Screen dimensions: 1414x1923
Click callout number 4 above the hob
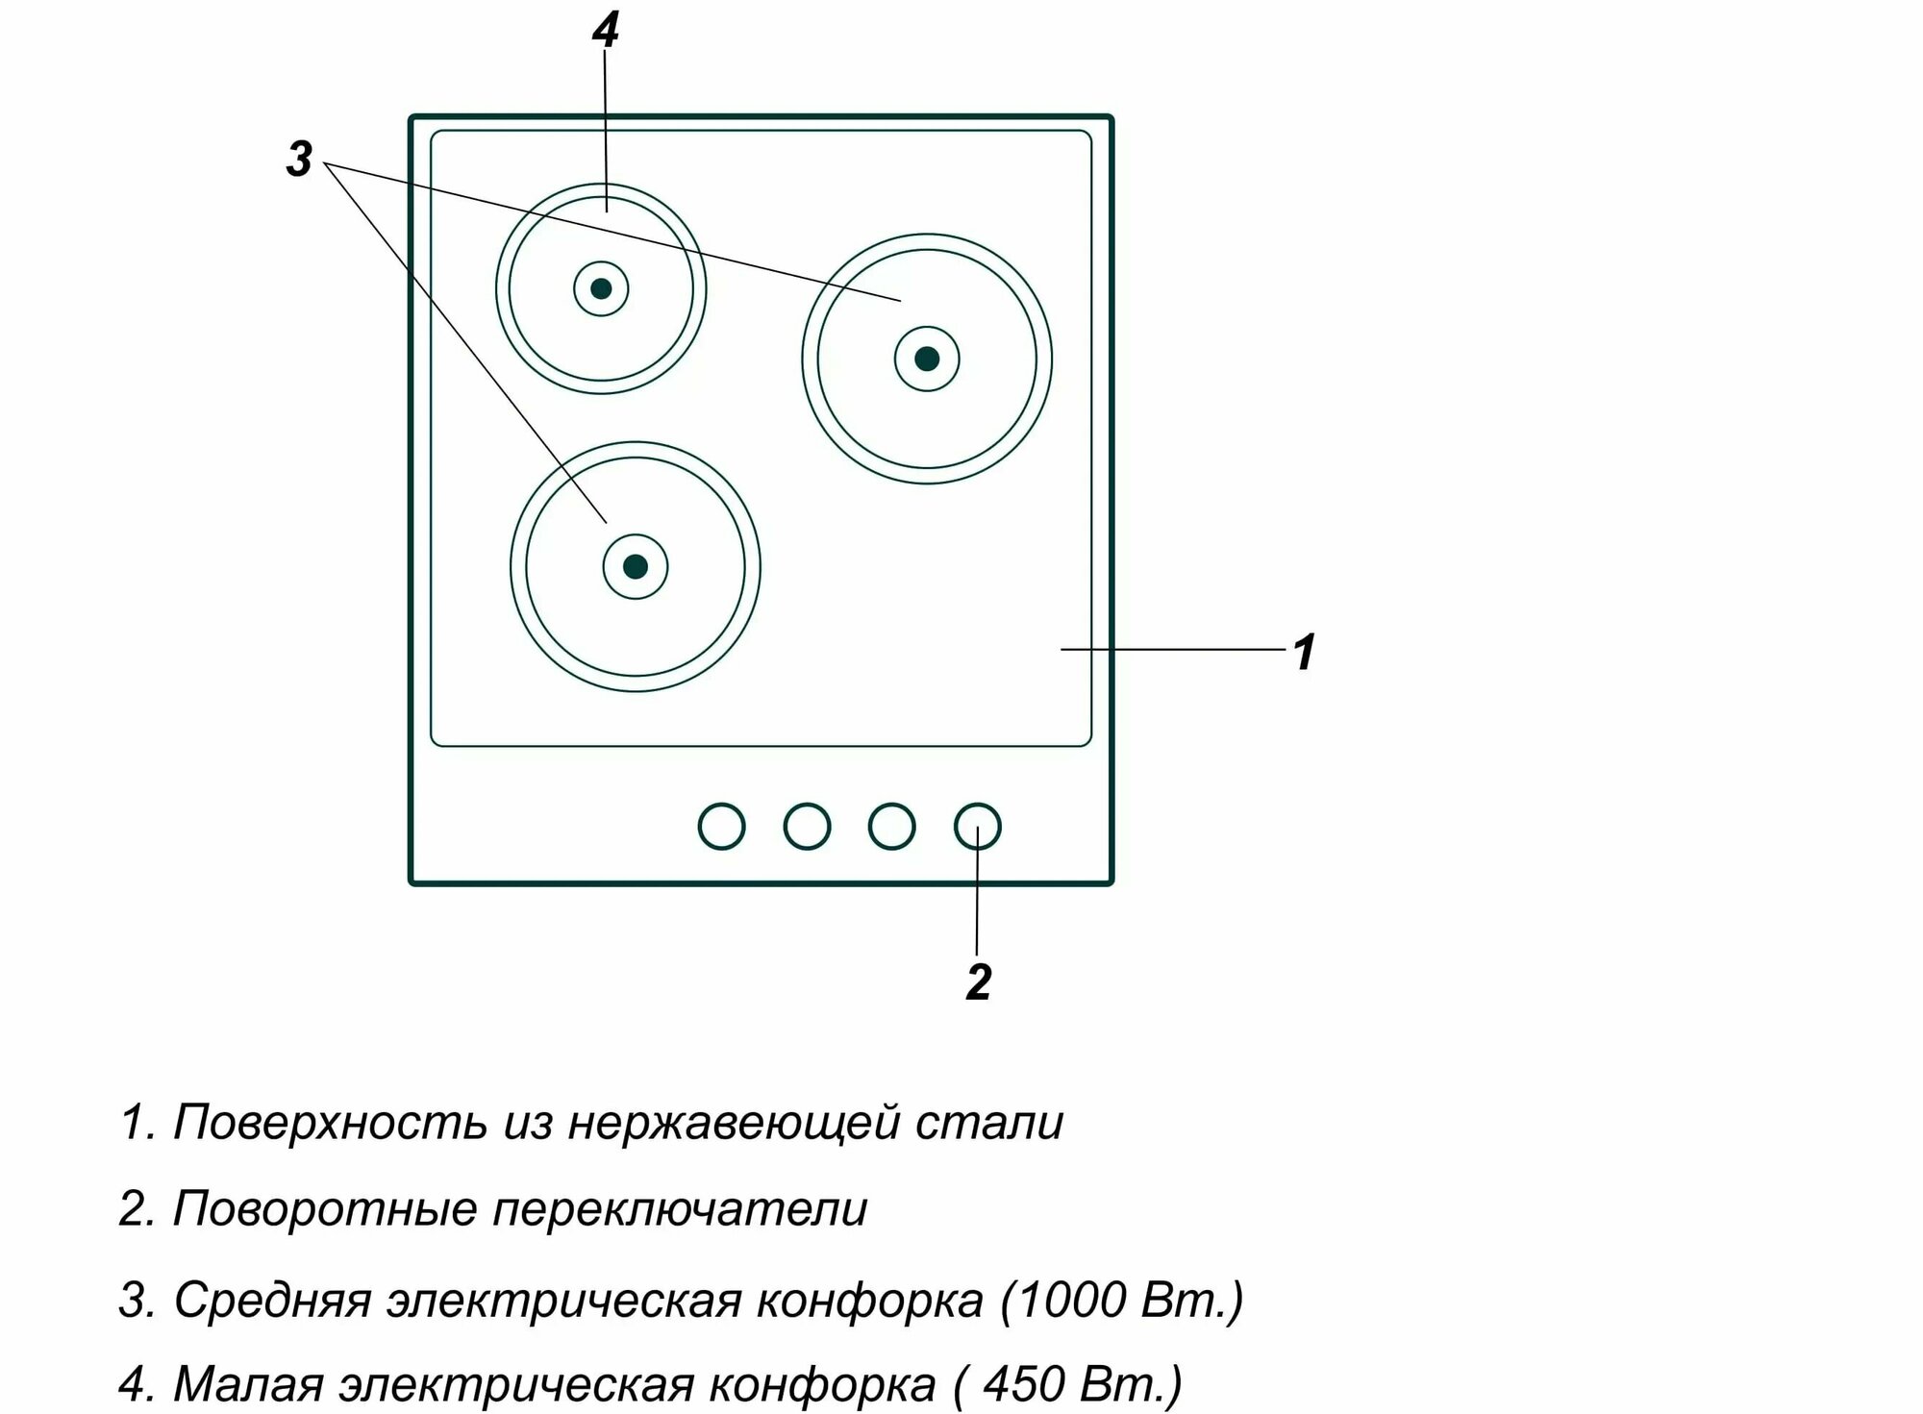[x=605, y=31]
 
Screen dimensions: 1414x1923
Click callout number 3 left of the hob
[x=299, y=159]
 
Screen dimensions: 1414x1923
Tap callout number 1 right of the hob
[x=1304, y=653]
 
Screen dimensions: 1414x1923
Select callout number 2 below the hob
[x=978, y=982]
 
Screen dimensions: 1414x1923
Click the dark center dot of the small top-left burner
[x=601, y=288]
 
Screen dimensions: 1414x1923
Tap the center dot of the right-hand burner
[x=927, y=359]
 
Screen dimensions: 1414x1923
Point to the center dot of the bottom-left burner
[x=635, y=566]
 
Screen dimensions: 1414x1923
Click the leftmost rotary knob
[x=721, y=827]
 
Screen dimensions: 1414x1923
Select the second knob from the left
[x=807, y=827]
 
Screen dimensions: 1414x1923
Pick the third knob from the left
[x=891, y=827]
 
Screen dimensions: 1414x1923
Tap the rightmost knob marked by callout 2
[x=977, y=827]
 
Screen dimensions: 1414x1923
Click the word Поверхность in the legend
[x=330, y=1123]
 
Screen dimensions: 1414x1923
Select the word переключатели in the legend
[x=680, y=1209]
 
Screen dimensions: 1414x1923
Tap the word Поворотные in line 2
[x=325, y=1209]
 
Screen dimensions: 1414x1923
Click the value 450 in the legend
[x=1023, y=1384]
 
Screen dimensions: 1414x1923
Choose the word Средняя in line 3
[x=272, y=1301]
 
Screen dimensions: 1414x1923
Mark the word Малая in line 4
[x=248, y=1384]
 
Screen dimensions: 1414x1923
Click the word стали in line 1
[x=989, y=1123]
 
